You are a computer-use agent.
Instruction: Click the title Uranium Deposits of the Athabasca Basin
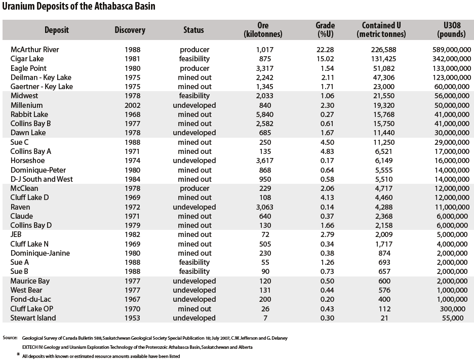click(78, 7)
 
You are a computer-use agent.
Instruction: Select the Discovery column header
click(130, 30)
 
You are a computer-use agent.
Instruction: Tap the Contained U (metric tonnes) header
click(381, 30)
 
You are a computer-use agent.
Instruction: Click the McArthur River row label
click(35, 50)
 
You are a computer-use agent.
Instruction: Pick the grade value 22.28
click(325, 50)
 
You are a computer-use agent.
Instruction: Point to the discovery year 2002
click(132, 105)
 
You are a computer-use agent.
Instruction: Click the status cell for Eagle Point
click(194, 68)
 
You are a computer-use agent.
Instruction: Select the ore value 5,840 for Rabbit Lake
click(265, 114)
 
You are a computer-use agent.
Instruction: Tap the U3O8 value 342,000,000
click(452, 59)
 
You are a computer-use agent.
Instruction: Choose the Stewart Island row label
click(33, 318)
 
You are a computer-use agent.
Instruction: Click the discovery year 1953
click(132, 318)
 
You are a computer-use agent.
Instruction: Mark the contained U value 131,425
click(384, 59)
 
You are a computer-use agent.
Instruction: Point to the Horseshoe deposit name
click(27, 161)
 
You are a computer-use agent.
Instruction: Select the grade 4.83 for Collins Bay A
click(327, 151)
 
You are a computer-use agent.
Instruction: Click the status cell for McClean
click(194, 189)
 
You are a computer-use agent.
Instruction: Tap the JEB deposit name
click(16, 234)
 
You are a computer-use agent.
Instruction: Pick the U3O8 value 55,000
click(453, 318)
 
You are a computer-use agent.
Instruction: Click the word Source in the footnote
click(10, 338)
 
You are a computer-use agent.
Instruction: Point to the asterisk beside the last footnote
click(18, 354)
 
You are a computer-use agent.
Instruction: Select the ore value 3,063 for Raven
click(265, 207)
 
